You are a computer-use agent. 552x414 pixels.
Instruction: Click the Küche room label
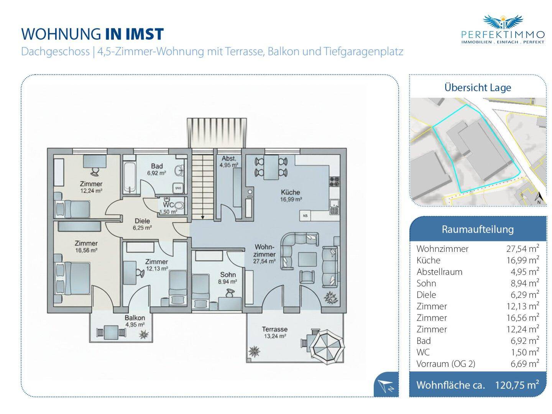coord(290,192)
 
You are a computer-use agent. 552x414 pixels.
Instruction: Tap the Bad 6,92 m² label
coord(157,166)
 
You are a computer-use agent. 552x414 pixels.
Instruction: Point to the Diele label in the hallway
coord(142,221)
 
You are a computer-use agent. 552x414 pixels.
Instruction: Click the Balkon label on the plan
coord(135,318)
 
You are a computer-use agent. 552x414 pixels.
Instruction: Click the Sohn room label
coord(228,274)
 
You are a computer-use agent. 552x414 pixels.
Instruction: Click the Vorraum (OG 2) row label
coord(446,364)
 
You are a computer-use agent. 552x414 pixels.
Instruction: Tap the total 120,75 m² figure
coord(517,384)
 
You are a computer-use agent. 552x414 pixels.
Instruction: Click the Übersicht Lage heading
coord(478,87)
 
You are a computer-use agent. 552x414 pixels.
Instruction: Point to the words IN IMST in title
coord(134,34)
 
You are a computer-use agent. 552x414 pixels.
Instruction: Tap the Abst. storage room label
coord(229,158)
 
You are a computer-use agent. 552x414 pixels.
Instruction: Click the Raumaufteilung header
coord(478,229)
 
